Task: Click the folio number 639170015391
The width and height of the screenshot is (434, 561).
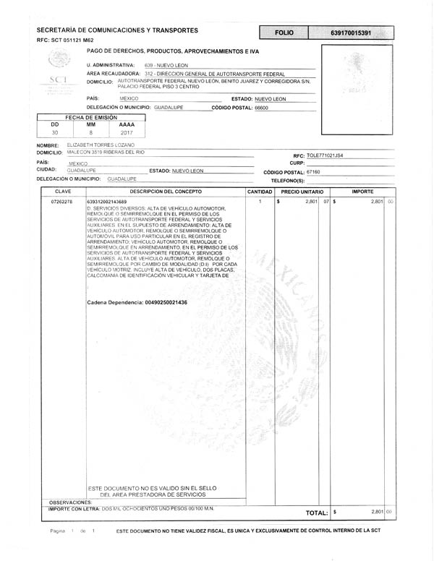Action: [x=351, y=33]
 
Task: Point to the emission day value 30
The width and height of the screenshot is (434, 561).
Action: [x=55, y=133]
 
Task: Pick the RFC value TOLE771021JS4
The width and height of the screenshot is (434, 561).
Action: [x=325, y=155]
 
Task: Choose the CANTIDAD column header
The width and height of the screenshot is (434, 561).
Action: [x=260, y=192]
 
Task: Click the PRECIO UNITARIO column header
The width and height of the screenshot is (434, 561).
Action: [x=302, y=192]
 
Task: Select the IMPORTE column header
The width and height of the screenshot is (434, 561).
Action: [x=362, y=192]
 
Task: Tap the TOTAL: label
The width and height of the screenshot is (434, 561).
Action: [x=317, y=513]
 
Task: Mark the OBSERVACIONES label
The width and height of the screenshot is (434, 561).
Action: [x=70, y=502]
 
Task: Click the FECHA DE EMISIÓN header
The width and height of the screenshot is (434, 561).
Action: [x=90, y=116]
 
